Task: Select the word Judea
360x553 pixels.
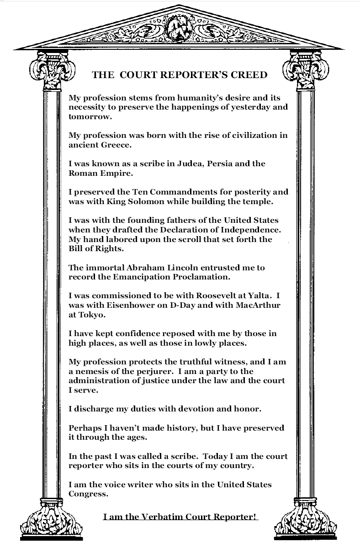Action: pyautogui.click(x=191, y=163)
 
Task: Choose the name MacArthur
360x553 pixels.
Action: pyautogui.click(x=258, y=305)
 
